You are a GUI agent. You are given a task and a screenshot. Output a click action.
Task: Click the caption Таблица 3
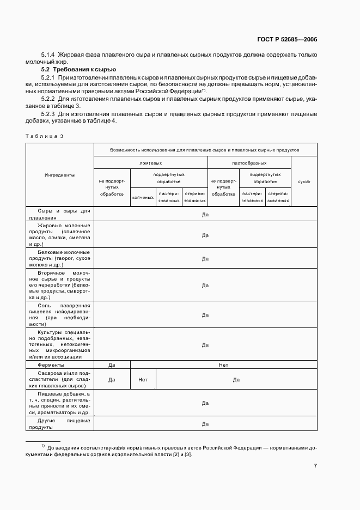[x=44, y=136]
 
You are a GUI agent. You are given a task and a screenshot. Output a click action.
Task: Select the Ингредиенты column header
[x=59, y=175]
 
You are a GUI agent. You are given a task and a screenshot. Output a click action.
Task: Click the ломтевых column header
[x=150, y=162]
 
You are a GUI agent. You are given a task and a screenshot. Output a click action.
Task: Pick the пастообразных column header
[x=249, y=162]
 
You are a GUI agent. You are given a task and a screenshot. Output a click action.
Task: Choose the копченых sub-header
[x=143, y=197]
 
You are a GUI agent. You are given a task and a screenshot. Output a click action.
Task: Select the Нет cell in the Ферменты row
[x=223, y=365]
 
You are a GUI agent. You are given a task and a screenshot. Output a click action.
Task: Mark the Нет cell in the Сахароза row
[x=143, y=379]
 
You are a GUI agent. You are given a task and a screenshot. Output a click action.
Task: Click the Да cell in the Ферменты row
[x=111, y=365]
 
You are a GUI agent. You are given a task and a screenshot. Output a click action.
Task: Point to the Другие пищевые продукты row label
[x=59, y=424]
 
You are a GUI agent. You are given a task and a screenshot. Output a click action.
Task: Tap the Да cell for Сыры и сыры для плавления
[x=205, y=214]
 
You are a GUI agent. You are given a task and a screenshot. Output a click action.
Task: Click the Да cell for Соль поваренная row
[x=205, y=314]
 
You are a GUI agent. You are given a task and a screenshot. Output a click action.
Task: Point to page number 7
[x=315, y=465]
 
